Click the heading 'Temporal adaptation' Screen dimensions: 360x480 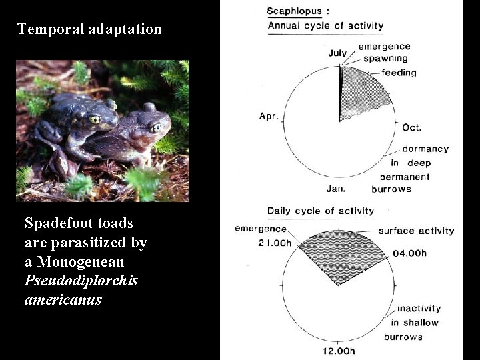[x=89, y=29]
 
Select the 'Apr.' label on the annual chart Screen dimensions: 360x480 [x=269, y=116]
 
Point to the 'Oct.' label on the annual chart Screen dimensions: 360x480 [x=412, y=127]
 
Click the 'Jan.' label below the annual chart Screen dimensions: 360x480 [x=336, y=189]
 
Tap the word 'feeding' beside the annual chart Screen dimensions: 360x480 [x=399, y=72]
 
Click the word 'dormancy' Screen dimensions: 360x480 [x=425, y=149]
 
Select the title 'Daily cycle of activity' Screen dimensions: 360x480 [x=321, y=211]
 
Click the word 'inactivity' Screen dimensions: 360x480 [x=419, y=308]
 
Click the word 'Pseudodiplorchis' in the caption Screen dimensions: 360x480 [x=81, y=281]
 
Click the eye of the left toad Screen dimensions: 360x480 [x=95, y=119]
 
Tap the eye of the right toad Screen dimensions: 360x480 [x=155, y=127]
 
